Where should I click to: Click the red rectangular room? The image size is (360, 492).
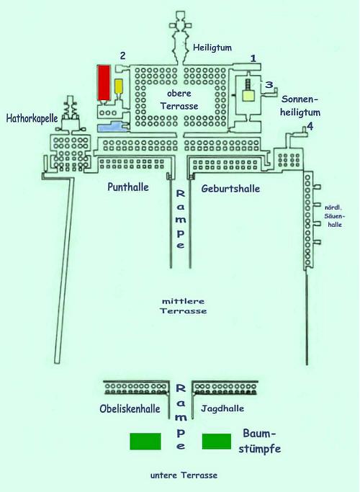click(104, 82)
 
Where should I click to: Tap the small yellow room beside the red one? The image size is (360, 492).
click(119, 86)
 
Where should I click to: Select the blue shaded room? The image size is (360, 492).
click(110, 127)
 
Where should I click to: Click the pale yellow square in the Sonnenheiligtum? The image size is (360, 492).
click(249, 95)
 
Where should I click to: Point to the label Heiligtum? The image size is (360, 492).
click(212, 48)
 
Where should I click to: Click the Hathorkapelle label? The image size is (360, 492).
click(32, 118)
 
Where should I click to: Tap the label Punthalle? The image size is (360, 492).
click(128, 187)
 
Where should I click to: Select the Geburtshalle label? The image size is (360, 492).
click(230, 189)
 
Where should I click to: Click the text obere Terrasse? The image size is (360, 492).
click(179, 100)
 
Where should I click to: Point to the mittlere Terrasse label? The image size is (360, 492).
click(184, 306)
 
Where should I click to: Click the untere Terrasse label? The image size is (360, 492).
click(184, 475)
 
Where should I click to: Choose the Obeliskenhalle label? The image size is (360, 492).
click(130, 408)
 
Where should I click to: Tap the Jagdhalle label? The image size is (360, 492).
click(222, 408)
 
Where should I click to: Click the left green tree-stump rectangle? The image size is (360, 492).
click(145, 442)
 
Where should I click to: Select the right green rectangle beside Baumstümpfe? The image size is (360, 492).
click(217, 442)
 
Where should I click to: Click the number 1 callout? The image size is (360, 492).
click(253, 58)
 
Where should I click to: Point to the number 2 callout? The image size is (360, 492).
click(122, 55)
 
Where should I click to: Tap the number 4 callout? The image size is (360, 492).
click(310, 127)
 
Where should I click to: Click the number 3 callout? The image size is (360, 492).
click(269, 85)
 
